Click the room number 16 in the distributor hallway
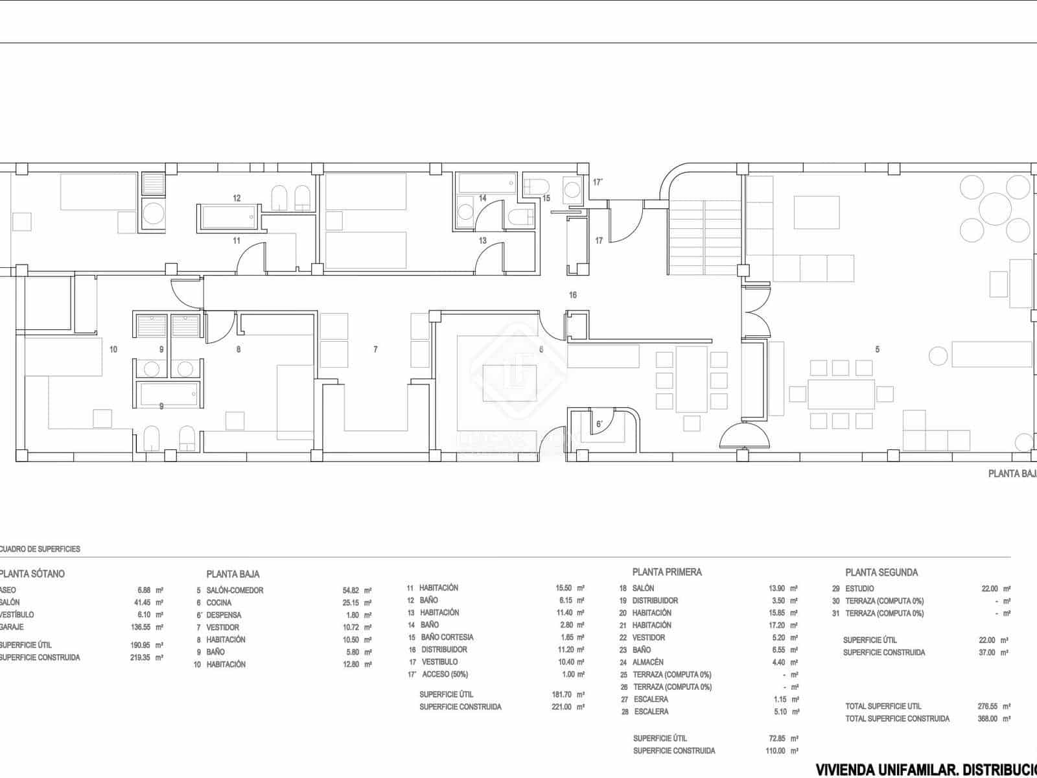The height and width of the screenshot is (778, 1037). (x=573, y=295)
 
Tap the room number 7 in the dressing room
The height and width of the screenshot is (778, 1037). (x=375, y=349)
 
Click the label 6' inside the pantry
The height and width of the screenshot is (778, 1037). (x=600, y=425)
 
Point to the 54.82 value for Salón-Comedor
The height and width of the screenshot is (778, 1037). (x=351, y=591)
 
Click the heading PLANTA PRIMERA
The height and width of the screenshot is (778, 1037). (x=667, y=572)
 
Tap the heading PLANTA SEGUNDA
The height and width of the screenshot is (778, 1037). (x=881, y=572)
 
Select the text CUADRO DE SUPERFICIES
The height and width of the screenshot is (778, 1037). (x=40, y=549)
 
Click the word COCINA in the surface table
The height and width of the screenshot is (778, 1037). (x=219, y=603)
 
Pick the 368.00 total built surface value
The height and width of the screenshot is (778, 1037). (x=988, y=718)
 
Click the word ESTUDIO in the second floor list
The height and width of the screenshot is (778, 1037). (x=859, y=589)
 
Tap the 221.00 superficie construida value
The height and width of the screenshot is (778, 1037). (x=562, y=707)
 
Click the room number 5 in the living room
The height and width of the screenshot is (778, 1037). (x=878, y=349)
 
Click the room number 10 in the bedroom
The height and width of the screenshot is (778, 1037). (x=113, y=349)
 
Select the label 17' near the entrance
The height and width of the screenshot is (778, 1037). (x=598, y=183)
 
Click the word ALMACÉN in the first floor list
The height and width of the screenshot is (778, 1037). (x=648, y=662)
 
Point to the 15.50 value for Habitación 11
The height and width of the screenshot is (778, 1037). (x=564, y=588)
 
